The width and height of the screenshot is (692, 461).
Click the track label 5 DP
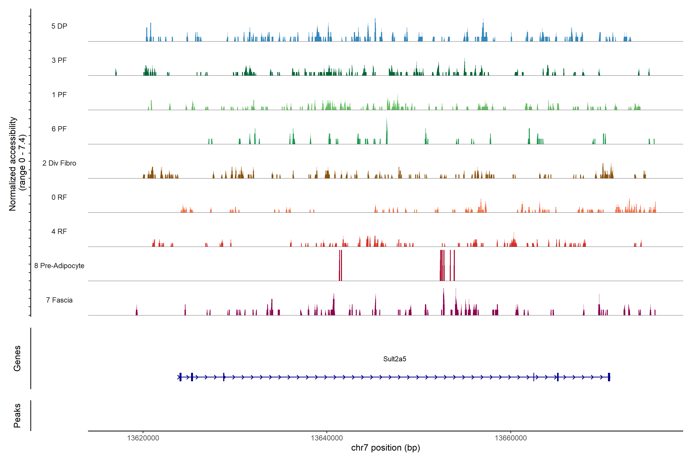(x=59, y=26)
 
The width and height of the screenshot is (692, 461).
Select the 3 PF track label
(x=59, y=60)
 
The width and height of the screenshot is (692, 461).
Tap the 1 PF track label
(x=59, y=95)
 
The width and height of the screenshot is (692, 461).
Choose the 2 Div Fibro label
(x=59, y=163)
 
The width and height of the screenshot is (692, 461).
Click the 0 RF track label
(x=59, y=197)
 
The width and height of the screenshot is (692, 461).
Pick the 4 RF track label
(x=59, y=231)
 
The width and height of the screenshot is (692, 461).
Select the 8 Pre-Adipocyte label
(x=59, y=266)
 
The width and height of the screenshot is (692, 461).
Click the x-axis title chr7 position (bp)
(x=385, y=448)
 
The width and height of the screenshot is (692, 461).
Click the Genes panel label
(x=17, y=358)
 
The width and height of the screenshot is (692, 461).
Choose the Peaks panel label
(x=17, y=415)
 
